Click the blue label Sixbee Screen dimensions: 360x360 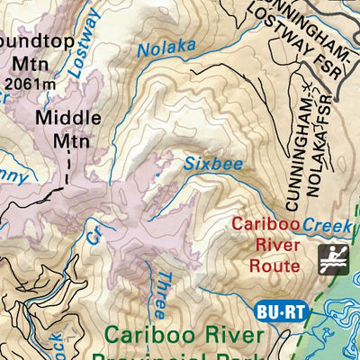click(202, 164)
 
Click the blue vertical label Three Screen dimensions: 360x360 click(159, 292)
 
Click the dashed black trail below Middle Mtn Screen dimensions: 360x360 click(67, 171)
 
